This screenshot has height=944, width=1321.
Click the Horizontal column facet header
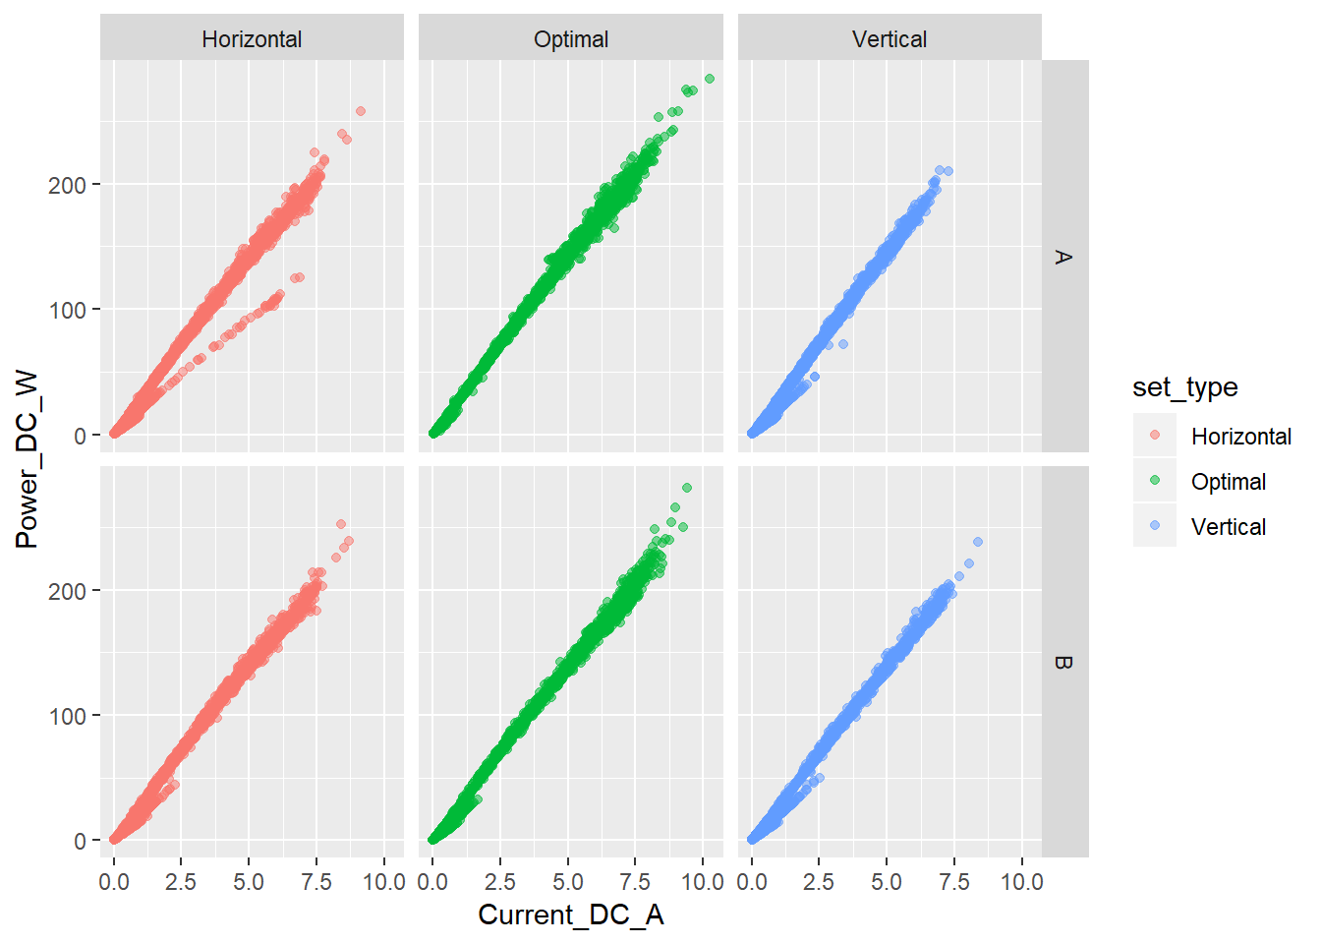click(252, 39)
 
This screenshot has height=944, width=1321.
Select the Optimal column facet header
click(571, 39)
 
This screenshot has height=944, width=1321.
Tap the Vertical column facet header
click(890, 39)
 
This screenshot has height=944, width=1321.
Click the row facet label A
click(1063, 257)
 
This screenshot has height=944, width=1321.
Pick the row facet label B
click(1063, 662)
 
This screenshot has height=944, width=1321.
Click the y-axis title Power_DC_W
click(27, 459)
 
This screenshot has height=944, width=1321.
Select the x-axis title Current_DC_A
click(571, 914)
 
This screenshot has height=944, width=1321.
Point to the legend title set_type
click(1184, 387)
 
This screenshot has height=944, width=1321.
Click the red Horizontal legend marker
click(1155, 436)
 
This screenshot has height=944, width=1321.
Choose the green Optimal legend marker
click(1155, 481)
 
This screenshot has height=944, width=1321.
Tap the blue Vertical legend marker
click(1155, 526)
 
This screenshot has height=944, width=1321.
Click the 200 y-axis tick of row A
click(67, 185)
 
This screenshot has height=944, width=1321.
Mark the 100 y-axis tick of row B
click(67, 716)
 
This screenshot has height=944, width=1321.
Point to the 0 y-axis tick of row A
click(80, 436)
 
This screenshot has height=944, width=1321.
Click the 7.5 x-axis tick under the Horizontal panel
click(316, 882)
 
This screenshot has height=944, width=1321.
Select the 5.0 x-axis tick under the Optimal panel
click(568, 882)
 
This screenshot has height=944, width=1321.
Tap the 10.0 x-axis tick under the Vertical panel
click(1022, 882)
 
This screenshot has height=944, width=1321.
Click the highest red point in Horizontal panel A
click(361, 111)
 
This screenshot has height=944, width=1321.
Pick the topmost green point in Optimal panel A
click(710, 79)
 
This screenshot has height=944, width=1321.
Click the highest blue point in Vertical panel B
click(978, 542)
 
